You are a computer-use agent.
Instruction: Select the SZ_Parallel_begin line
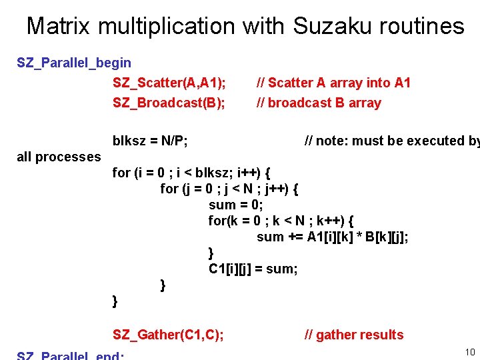[74, 63]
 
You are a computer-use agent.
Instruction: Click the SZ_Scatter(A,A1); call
[169, 83]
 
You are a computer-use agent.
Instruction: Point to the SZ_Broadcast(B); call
[169, 103]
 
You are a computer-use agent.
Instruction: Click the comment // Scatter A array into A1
[334, 83]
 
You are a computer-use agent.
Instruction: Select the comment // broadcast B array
[319, 103]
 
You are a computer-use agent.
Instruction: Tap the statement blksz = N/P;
[150, 141]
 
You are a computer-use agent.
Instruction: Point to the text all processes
[59, 157]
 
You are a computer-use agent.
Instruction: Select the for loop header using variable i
[191, 173]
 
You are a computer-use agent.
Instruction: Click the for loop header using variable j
[229, 189]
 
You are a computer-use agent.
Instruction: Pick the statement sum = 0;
[236, 205]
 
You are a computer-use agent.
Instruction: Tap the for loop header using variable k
[281, 221]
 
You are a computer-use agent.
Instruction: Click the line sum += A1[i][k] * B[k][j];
[333, 237]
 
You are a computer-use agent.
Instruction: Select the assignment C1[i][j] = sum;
[253, 269]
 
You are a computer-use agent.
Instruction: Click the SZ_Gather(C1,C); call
[169, 335]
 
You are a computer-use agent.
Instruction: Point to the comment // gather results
[354, 335]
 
